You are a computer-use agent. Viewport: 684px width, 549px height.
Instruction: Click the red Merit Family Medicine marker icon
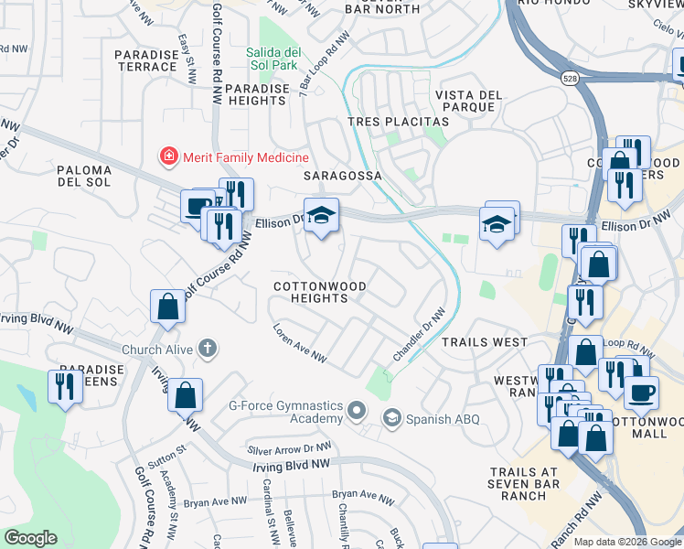168,158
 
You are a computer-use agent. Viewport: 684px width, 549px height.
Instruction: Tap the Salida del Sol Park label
273,59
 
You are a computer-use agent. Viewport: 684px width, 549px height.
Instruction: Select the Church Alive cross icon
208,349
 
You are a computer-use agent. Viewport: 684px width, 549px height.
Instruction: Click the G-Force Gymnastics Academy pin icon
357,412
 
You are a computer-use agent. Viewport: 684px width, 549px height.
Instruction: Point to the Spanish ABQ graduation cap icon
391,418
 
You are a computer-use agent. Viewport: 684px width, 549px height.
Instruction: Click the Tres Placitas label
398,122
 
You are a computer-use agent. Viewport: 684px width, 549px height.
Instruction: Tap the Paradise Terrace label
145,61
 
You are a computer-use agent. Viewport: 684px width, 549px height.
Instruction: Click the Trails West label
485,341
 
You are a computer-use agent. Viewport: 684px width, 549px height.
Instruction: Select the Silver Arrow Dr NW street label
290,449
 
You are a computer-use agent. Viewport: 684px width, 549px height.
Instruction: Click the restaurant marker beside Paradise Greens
65,385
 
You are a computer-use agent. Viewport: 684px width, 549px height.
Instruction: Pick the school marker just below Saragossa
321,216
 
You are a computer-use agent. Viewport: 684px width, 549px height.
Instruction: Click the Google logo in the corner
31,538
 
